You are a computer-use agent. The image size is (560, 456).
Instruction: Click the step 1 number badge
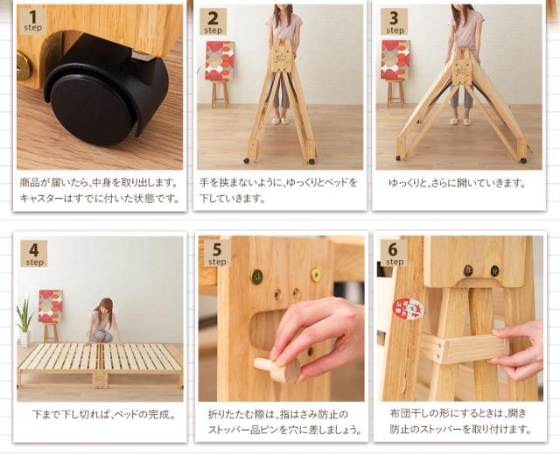coord(33,21)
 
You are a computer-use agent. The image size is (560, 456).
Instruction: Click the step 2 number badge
coord(213,22)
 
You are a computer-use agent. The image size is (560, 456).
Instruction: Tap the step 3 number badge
coord(394,22)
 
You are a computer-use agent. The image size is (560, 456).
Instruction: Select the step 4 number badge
coord(34,253)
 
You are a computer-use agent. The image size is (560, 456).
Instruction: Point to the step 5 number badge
coord(217,253)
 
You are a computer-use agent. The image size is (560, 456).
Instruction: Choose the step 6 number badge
coord(394,252)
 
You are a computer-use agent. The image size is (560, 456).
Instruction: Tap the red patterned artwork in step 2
coord(220,60)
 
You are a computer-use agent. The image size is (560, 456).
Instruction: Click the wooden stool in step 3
coord(395,94)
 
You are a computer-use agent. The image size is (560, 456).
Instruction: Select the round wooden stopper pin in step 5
coord(278,369)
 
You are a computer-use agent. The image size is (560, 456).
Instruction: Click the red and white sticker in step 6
coord(408,308)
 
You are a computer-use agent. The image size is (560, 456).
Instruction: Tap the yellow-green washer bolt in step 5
coord(316,275)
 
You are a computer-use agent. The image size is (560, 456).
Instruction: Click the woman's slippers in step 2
coord(280,121)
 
